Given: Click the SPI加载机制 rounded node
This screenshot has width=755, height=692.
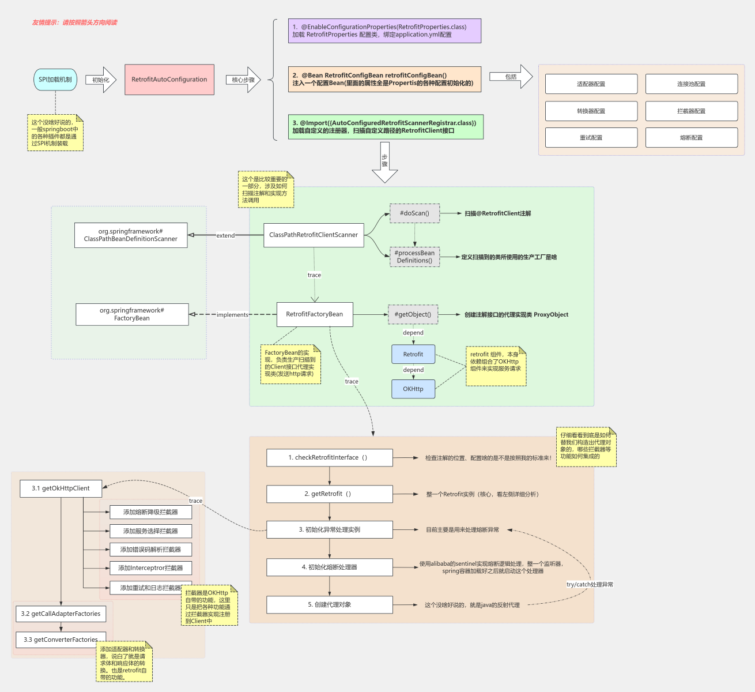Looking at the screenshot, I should (x=55, y=80).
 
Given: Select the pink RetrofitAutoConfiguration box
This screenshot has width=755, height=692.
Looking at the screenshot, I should (x=169, y=80).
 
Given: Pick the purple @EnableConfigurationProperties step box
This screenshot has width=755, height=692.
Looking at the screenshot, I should (x=384, y=31).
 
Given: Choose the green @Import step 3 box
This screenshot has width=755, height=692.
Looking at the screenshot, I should (x=386, y=127).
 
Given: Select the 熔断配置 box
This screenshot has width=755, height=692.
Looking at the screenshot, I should (x=692, y=138).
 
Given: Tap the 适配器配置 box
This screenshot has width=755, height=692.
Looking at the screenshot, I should (x=591, y=84).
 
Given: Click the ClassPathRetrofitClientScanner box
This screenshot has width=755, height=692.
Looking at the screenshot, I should (x=314, y=235).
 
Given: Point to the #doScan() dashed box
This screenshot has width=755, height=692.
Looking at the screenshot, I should (x=415, y=213).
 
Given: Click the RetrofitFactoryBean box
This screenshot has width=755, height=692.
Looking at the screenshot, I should (x=315, y=314).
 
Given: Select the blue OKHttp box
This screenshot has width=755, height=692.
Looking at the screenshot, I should (x=413, y=389).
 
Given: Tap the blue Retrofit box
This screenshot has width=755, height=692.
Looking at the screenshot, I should (x=413, y=355).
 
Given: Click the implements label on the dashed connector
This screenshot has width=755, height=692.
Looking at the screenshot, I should (x=232, y=315).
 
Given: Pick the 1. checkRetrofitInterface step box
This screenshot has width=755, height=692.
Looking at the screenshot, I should (x=330, y=458).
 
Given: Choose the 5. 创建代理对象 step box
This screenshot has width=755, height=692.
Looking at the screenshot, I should (x=330, y=605).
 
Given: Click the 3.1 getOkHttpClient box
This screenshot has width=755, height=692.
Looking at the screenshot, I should (x=61, y=488).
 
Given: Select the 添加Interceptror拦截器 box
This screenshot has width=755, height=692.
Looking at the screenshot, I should (x=150, y=568).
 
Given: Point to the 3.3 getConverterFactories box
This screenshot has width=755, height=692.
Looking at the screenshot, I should (x=61, y=640).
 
